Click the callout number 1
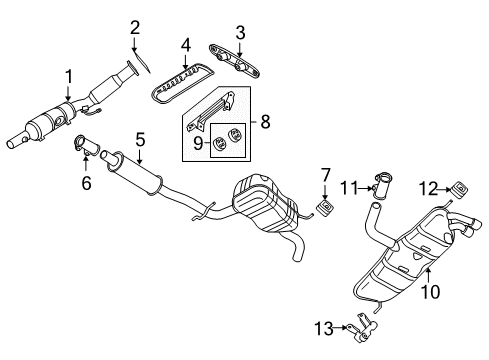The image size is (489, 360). (68, 77)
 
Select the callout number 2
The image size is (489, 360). (135, 28)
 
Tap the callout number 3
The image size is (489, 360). (240, 33)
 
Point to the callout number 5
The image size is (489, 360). (140, 139)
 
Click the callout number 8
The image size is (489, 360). (265, 122)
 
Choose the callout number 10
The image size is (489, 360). (430, 292)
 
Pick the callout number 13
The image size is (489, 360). (324, 329)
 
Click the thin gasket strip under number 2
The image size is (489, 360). (142, 61)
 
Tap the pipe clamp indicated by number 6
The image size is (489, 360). (86, 147)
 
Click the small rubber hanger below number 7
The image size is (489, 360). (325, 208)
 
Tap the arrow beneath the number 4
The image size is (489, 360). (186, 61)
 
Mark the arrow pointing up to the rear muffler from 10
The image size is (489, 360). (429, 276)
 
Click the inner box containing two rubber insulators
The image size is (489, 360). (228, 140)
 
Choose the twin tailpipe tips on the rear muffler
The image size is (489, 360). (465, 227)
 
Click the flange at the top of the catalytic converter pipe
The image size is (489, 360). (132, 68)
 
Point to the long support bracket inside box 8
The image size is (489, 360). (211, 111)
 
